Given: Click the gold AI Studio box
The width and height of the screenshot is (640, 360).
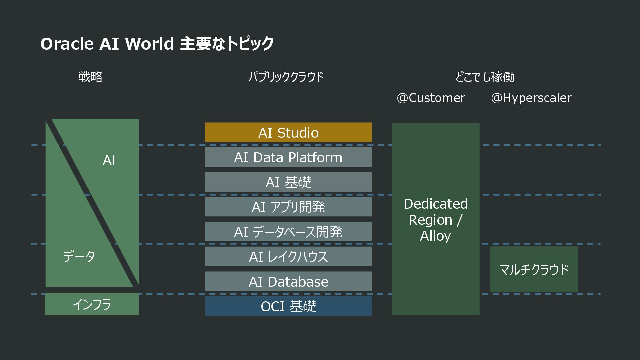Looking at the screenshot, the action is click(x=288, y=132).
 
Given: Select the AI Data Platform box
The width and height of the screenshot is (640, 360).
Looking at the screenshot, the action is click(x=288, y=157).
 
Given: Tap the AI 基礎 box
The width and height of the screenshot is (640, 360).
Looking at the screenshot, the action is click(x=288, y=182).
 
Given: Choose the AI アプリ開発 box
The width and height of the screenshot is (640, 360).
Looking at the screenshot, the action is click(x=288, y=207).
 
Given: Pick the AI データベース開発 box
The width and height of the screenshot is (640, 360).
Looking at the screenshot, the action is click(x=288, y=232).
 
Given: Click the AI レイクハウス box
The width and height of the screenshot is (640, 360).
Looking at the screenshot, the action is click(x=288, y=256).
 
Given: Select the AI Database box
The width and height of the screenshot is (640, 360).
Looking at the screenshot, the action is click(x=288, y=281).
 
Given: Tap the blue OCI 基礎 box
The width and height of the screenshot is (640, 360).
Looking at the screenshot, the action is click(x=288, y=306).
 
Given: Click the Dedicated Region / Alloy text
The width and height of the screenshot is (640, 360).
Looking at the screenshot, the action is click(x=435, y=220).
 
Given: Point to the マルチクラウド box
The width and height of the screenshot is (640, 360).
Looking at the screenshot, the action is click(x=534, y=269).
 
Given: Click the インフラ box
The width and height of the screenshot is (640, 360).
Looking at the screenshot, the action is click(x=92, y=304).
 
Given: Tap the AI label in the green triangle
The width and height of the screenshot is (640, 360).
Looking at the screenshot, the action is click(x=109, y=160).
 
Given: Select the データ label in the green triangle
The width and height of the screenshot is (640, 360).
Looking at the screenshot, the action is click(x=79, y=256).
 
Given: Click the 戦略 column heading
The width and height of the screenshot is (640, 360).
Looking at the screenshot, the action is click(x=90, y=77).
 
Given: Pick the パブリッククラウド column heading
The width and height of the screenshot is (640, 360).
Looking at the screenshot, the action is click(x=286, y=77).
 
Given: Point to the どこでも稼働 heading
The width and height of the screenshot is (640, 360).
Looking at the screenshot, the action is click(x=485, y=77).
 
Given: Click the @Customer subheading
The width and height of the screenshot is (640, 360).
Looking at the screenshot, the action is click(x=431, y=98).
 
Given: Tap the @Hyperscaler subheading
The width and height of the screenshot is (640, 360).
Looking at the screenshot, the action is click(x=531, y=98).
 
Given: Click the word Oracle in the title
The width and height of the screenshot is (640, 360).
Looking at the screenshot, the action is click(x=67, y=44).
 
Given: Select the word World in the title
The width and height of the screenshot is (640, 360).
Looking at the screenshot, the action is click(x=149, y=44).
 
